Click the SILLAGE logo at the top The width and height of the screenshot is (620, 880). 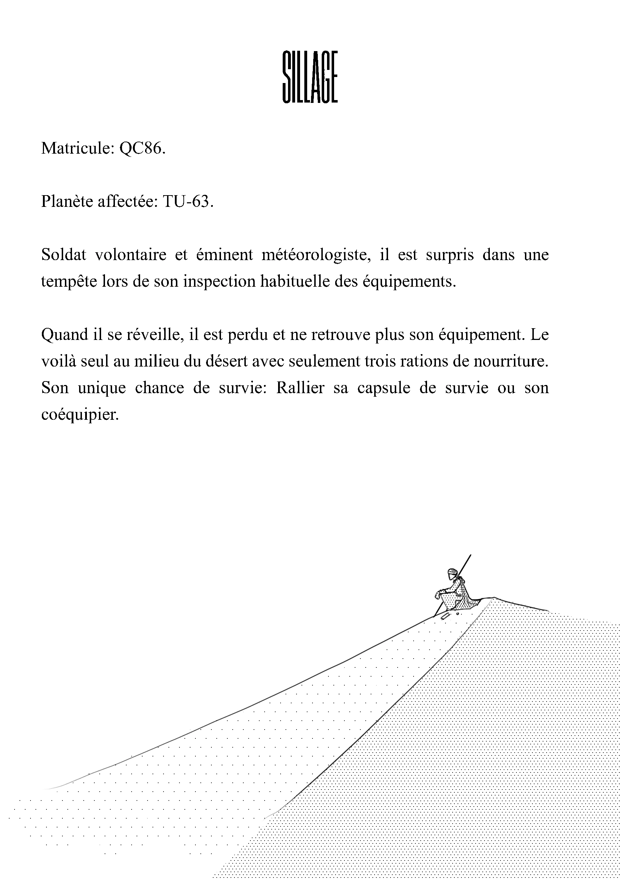click(310, 77)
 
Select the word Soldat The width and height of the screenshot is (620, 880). click(63, 255)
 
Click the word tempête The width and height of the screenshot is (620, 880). click(69, 282)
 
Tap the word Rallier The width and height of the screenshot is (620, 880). click(300, 388)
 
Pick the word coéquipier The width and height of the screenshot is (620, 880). click(79, 415)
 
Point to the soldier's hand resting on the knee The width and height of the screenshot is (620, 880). click(437, 594)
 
